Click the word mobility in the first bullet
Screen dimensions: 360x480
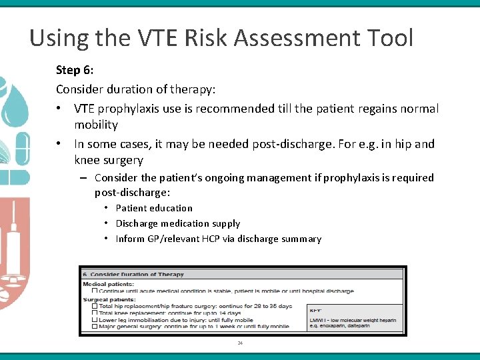(x=96, y=125)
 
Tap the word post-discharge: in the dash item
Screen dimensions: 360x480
(x=132, y=192)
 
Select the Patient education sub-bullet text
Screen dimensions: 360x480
(x=154, y=208)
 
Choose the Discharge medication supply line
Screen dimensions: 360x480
(x=178, y=223)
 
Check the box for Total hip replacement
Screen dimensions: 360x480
(x=94, y=305)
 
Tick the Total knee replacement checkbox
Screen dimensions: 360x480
(x=94, y=312)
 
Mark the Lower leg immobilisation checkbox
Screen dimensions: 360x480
(x=94, y=319)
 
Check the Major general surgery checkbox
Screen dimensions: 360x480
(x=94, y=326)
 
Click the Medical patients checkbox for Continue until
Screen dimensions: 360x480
(x=94, y=291)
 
